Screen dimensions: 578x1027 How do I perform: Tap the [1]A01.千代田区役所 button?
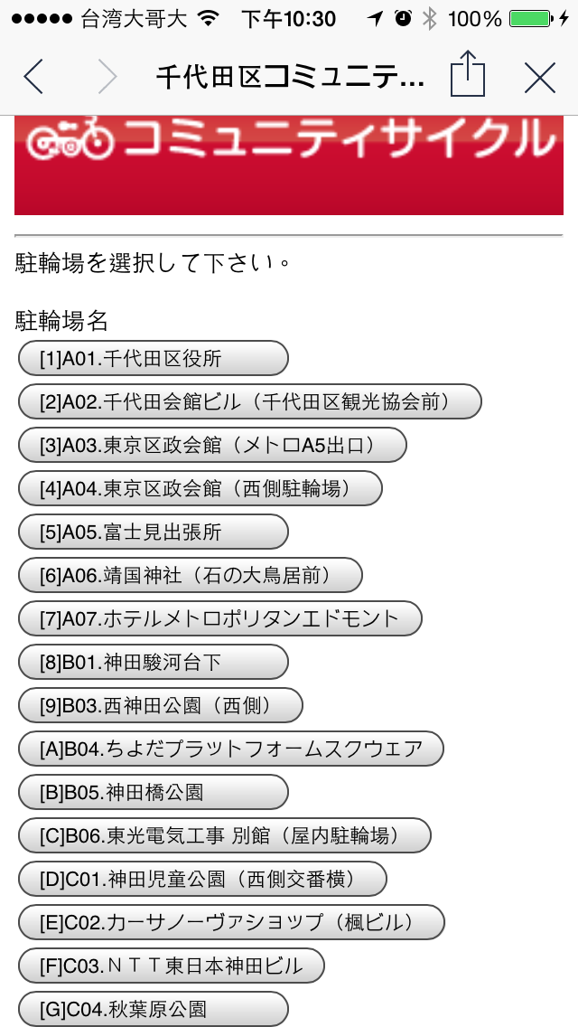[x=153, y=359]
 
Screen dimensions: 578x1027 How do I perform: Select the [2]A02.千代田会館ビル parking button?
[x=249, y=401]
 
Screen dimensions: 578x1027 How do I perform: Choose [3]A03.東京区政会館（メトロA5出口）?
[x=212, y=445]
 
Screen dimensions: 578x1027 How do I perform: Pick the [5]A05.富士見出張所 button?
[x=153, y=532]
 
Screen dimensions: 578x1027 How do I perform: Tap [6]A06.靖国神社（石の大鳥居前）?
[x=190, y=575]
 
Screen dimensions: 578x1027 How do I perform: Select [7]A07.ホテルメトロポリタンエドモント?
[x=219, y=619]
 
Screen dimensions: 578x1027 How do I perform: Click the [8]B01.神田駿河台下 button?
[x=153, y=663]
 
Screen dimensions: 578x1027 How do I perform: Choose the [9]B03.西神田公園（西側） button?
[x=160, y=706]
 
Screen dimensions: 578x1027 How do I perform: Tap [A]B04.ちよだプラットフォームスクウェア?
[x=230, y=749]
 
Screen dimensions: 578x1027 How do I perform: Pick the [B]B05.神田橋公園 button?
[x=153, y=793]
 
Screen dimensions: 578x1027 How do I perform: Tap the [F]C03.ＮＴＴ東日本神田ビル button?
[x=171, y=966]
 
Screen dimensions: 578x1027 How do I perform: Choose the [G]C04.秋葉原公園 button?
[x=153, y=1009]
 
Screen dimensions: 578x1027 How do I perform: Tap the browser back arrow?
[x=33, y=77]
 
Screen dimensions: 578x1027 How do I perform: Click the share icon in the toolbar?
[x=468, y=74]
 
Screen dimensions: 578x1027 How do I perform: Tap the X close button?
[x=539, y=78]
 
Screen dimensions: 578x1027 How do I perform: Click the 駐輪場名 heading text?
[x=61, y=319]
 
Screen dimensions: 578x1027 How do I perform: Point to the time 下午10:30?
[x=289, y=19]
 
